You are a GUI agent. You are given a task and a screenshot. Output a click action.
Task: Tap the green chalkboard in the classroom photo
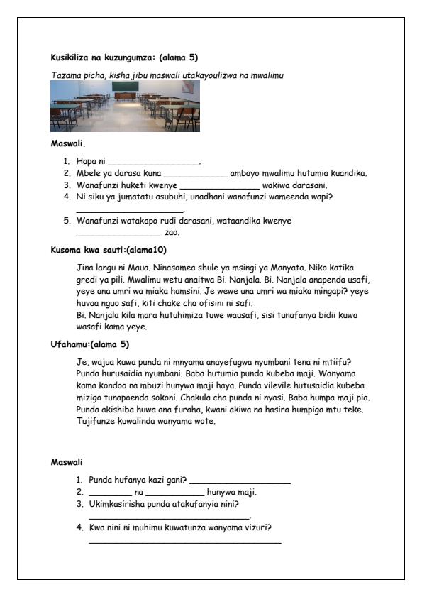click(x=125, y=86)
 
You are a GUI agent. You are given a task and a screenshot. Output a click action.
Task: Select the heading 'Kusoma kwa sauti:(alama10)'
click(x=109, y=250)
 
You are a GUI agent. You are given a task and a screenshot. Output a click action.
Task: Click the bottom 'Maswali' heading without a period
click(x=67, y=462)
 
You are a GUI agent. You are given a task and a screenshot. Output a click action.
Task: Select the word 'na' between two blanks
click(x=139, y=492)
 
